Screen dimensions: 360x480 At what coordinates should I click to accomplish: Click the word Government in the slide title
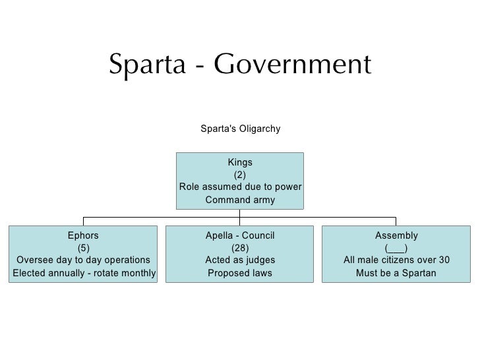pos(293,65)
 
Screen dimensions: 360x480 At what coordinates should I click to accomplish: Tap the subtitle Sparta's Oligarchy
pos(240,129)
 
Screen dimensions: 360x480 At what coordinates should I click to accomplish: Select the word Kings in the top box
pos(240,162)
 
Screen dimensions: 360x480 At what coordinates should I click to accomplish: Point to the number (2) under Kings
pos(240,175)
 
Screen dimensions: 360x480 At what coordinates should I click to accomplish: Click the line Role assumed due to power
pos(240,187)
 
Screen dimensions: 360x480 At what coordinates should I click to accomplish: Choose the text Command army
pos(240,200)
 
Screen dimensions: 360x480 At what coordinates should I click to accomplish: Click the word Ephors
pos(84,235)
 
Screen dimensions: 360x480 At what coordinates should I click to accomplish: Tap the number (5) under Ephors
pos(84,248)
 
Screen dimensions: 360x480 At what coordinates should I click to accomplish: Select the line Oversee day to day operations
pos(82,260)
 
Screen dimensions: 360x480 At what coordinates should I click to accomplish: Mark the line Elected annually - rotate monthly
pos(84,273)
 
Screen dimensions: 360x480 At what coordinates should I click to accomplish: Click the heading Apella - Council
pos(240,235)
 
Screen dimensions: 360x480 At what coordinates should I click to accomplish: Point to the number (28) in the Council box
pos(240,248)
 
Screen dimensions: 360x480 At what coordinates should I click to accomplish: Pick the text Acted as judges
pos(240,260)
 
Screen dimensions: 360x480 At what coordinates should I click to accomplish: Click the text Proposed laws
pos(240,273)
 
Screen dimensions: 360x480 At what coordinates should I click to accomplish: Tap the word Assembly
pos(396,235)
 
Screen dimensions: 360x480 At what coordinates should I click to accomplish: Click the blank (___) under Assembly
pos(396,248)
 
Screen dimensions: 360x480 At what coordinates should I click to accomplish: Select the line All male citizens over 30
pos(396,260)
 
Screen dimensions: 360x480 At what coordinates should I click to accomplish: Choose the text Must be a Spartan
pos(396,273)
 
